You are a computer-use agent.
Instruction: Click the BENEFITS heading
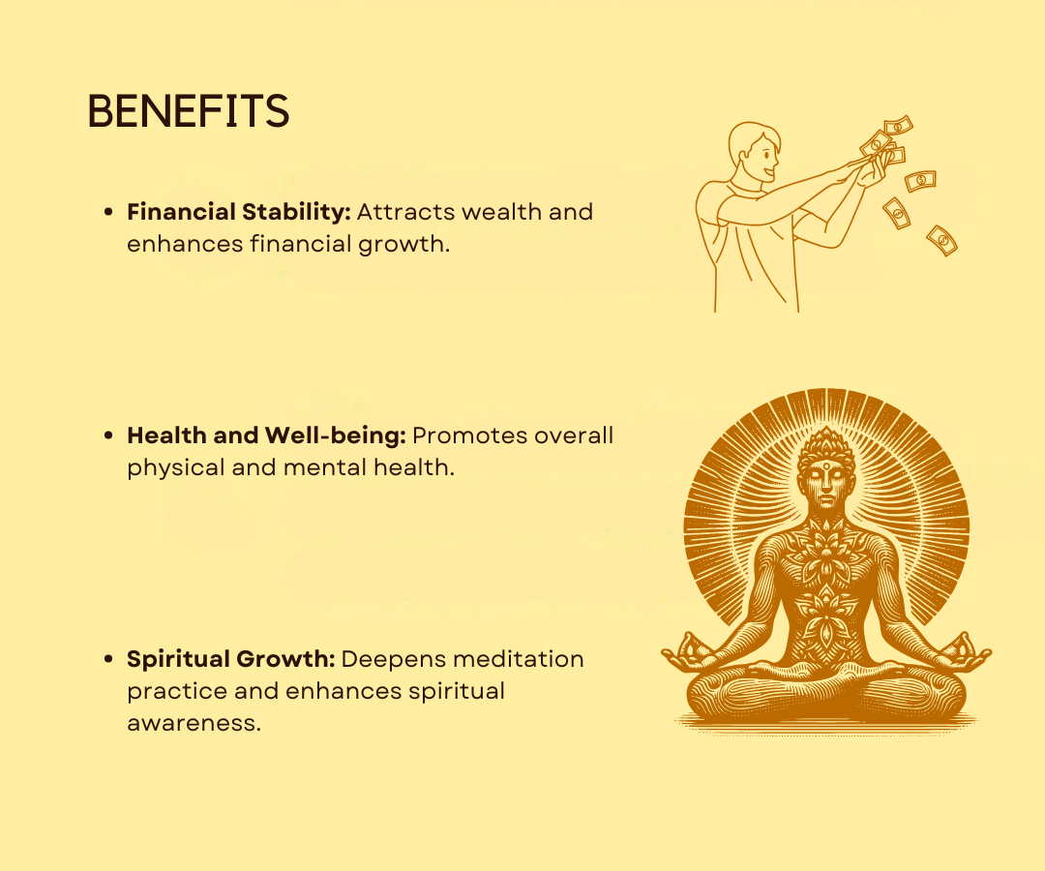189,110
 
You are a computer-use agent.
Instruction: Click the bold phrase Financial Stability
239,212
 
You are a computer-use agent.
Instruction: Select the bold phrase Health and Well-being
267,435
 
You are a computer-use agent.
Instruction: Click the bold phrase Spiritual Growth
230,659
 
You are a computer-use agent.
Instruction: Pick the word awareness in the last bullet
194,723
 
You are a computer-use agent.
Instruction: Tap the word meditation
518,659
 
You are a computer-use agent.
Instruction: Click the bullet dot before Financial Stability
108,212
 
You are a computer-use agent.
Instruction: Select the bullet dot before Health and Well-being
108,435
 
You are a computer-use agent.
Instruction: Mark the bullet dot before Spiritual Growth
108,659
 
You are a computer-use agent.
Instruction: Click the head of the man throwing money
754,151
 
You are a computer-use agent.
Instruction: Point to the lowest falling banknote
941,241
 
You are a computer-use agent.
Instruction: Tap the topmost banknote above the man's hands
898,125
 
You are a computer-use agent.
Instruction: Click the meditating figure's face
826,483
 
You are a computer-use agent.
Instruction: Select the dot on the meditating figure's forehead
826,466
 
